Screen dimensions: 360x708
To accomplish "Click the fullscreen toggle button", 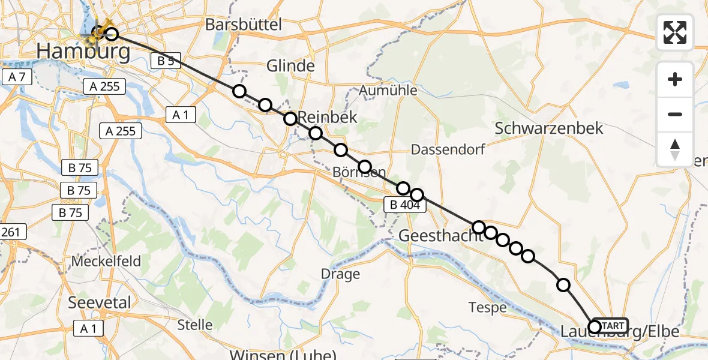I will (675, 32).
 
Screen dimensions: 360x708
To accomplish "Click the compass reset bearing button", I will (675, 149).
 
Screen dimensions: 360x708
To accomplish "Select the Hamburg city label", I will (83, 52).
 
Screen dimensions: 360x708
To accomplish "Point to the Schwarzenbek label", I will (549, 128).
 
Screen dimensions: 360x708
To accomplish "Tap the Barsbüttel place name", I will (243, 25).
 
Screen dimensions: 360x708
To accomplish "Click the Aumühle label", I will (388, 91).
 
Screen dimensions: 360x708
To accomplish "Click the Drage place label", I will (340, 275).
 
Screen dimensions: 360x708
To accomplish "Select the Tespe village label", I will (487, 308).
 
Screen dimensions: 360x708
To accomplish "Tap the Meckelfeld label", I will (106, 262).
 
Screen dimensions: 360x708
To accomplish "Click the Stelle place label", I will (195, 325).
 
